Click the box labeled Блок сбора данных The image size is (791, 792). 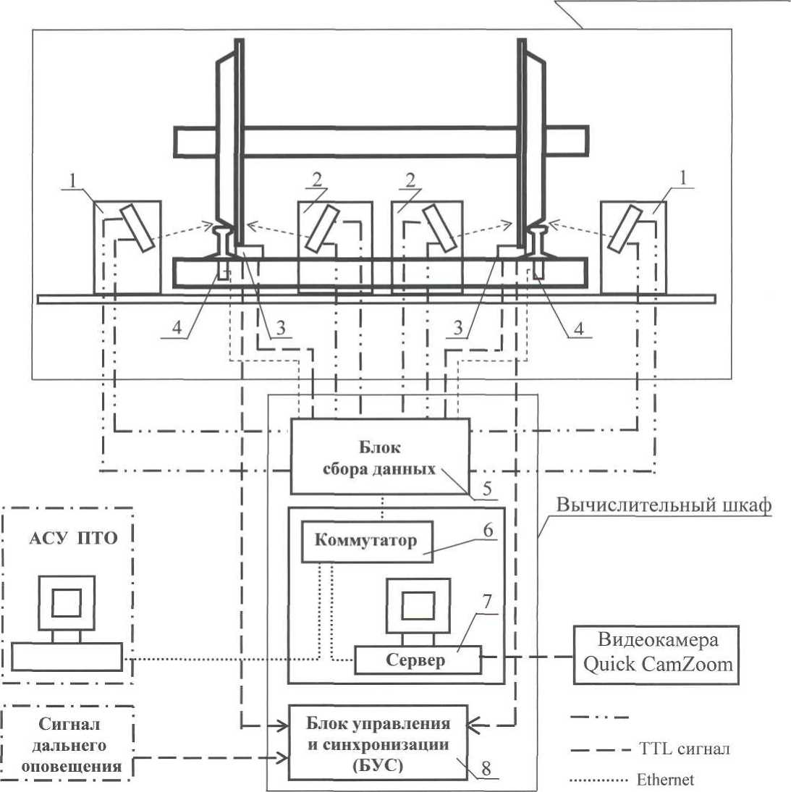(x=380, y=456)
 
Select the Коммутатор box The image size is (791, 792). (x=367, y=542)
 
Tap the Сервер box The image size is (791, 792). (x=418, y=660)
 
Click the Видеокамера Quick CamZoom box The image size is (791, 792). (x=656, y=654)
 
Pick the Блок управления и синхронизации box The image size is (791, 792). (x=378, y=743)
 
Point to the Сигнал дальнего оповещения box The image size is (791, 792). (x=67, y=744)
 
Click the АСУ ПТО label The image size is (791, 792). (x=73, y=538)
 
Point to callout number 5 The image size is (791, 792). (x=487, y=489)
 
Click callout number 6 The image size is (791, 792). (x=488, y=530)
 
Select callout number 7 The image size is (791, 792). (x=486, y=602)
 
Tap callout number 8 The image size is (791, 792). (x=486, y=768)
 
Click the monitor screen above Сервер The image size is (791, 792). (x=418, y=606)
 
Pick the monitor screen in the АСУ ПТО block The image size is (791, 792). (x=67, y=602)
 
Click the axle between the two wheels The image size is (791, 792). (x=381, y=141)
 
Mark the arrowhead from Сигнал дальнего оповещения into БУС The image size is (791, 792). (x=283, y=758)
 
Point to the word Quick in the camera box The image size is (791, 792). (x=609, y=665)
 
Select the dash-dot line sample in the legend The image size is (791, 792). (x=600, y=717)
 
